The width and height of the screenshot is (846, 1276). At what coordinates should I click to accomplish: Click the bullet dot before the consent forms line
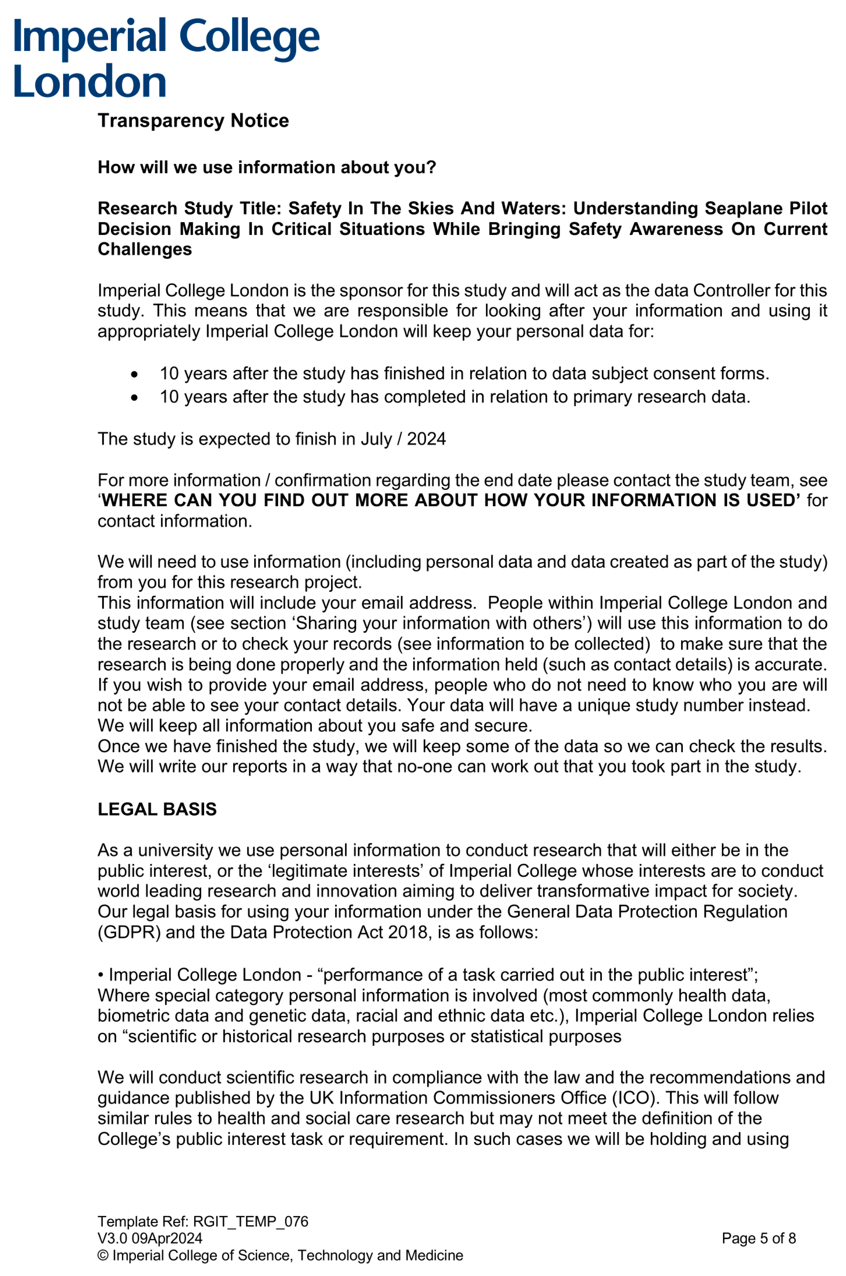(134, 374)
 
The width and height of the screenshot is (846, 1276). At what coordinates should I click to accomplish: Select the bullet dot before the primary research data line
(134, 398)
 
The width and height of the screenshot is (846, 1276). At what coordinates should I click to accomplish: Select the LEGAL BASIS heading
(157, 809)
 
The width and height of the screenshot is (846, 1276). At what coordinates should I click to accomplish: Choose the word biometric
(133, 1016)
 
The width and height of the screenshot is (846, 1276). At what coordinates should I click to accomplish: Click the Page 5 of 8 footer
(759, 1238)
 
